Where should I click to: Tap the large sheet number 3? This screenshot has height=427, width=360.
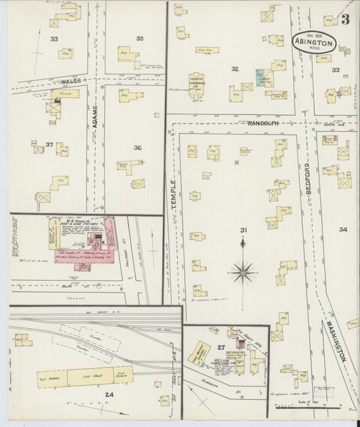pos(346,19)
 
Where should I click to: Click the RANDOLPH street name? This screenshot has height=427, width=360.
pos(264,124)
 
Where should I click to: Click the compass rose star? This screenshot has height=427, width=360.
pos(242,272)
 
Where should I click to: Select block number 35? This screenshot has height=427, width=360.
pos(140,39)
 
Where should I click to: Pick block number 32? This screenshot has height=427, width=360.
pos(235,68)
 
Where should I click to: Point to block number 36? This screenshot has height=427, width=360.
pos(137,148)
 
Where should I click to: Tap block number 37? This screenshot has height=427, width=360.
pos(49,145)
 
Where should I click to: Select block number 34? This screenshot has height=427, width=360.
pos(343,230)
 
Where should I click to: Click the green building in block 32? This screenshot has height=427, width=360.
pos(260,76)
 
